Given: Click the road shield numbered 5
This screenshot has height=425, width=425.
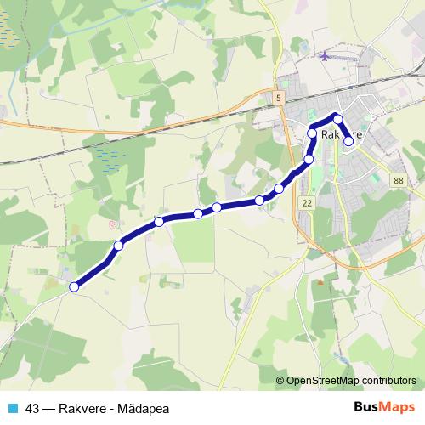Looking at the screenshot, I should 278,99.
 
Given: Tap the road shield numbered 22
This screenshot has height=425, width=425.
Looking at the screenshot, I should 307,202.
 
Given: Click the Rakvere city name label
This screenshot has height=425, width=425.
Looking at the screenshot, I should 343,134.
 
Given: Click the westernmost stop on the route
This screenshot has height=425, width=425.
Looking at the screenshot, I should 74,287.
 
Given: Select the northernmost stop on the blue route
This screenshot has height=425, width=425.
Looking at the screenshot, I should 337,119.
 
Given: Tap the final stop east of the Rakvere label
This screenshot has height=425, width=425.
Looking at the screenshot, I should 348,142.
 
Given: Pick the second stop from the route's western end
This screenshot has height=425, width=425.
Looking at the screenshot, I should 118,246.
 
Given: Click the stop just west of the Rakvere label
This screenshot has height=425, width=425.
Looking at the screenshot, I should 313,133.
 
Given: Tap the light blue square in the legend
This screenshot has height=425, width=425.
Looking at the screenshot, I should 11,408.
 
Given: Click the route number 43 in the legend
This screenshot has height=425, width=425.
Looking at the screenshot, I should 33,408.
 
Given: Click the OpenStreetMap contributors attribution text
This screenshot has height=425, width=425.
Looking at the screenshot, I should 352,381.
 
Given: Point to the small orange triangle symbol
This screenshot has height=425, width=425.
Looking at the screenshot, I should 320,281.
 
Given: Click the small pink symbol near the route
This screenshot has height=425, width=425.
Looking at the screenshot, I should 113,225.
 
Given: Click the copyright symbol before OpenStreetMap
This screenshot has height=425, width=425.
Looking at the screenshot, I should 280,381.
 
